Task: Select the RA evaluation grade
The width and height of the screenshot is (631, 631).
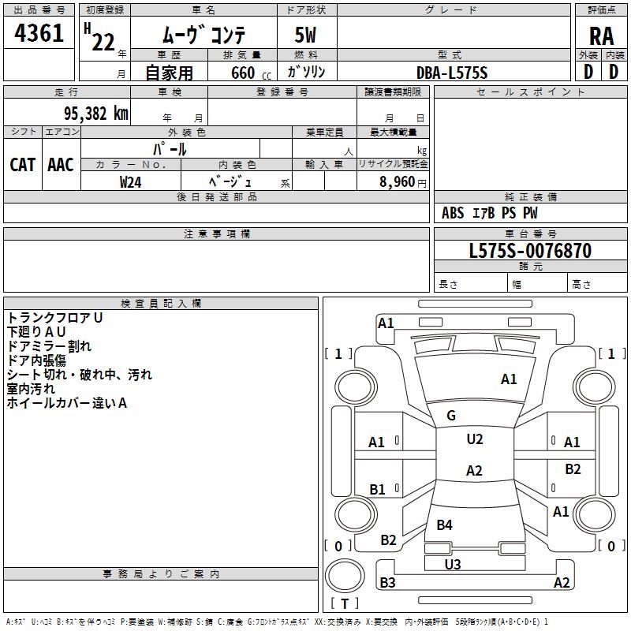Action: tap(601, 36)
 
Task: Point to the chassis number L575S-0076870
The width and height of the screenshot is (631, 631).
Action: tap(530, 251)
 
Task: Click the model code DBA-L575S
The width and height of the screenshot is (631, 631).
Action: tap(452, 73)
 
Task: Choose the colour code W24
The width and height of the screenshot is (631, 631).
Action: tap(131, 181)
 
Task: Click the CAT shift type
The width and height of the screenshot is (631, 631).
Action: tap(22, 164)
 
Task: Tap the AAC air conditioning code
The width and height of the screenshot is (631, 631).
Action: tap(61, 164)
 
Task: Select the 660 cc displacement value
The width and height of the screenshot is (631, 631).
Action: tap(243, 73)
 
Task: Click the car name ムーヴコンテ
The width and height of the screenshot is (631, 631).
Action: tap(203, 35)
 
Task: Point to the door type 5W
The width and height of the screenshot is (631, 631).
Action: tap(307, 36)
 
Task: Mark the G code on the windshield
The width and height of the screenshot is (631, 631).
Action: tap(451, 416)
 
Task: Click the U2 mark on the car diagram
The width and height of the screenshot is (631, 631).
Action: tap(474, 439)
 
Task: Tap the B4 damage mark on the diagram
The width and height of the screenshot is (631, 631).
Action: tap(445, 525)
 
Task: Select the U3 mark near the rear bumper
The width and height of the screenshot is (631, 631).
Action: tap(453, 564)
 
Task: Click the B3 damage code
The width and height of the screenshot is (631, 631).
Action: tap(387, 583)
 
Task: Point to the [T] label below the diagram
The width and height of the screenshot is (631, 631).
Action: tap(345, 603)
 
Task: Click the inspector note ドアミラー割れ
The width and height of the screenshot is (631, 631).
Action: tap(49, 345)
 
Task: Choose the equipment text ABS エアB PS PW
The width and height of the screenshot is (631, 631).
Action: tap(490, 213)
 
